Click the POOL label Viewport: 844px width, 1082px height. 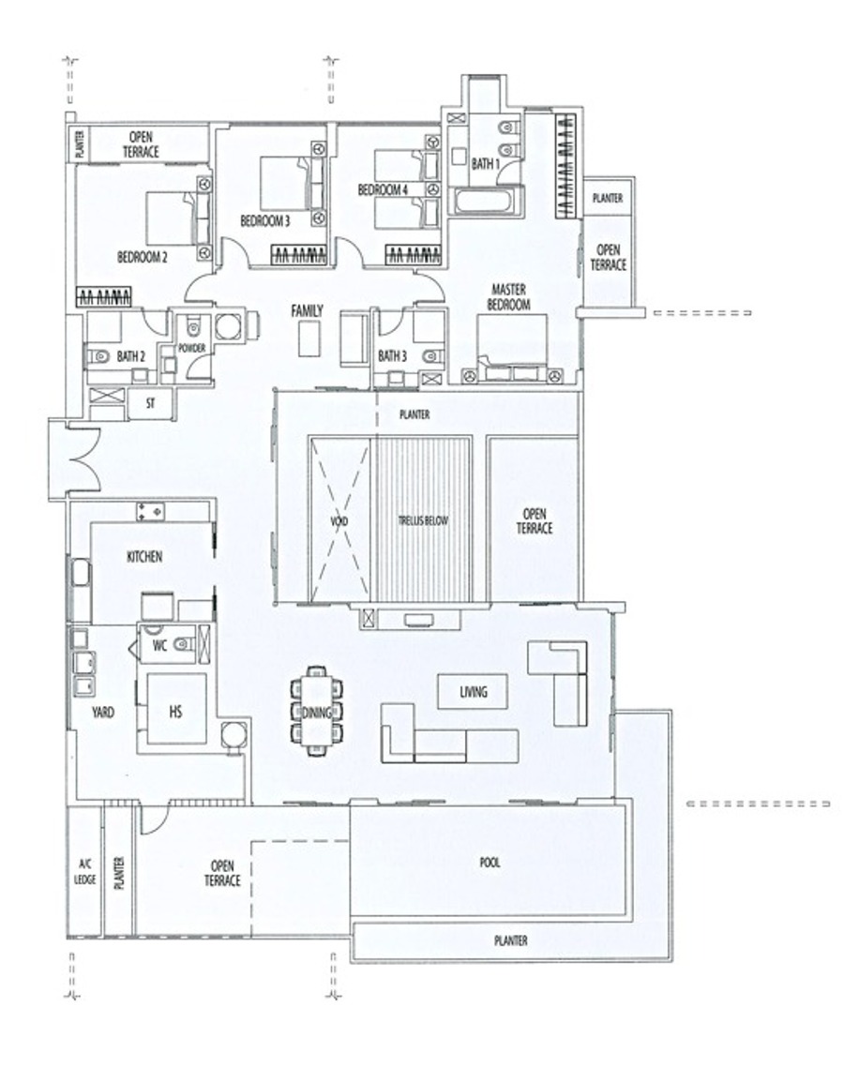(x=490, y=863)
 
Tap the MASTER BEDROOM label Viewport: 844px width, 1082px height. (x=508, y=296)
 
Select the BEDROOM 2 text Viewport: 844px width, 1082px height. (x=142, y=258)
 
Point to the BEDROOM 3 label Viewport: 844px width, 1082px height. (x=265, y=221)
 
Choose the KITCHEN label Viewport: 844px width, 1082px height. (x=144, y=556)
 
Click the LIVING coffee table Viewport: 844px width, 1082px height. (x=473, y=691)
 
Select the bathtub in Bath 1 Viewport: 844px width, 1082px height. (x=481, y=203)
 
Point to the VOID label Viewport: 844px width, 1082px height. (x=339, y=521)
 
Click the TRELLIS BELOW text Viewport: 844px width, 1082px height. (x=422, y=521)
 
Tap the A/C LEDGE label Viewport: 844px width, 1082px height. (x=86, y=873)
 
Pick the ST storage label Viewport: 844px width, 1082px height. (x=150, y=404)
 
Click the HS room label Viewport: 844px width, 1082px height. (x=175, y=711)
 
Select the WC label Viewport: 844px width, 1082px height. (x=159, y=646)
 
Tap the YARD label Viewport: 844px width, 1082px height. (x=103, y=713)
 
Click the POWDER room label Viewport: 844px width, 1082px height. (x=192, y=349)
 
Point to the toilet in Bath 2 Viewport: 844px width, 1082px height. (x=98, y=356)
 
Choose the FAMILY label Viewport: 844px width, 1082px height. (x=307, y=311)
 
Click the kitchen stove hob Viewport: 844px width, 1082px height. (x=150, y=511)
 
